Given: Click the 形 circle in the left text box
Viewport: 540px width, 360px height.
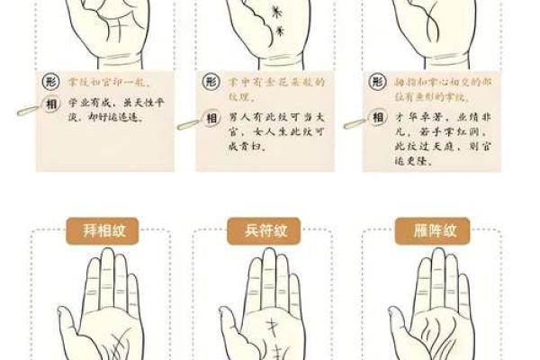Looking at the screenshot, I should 51,82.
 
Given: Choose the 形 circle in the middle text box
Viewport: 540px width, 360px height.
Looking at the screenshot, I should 210,82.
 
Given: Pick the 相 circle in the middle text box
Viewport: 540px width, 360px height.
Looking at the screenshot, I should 210,119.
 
